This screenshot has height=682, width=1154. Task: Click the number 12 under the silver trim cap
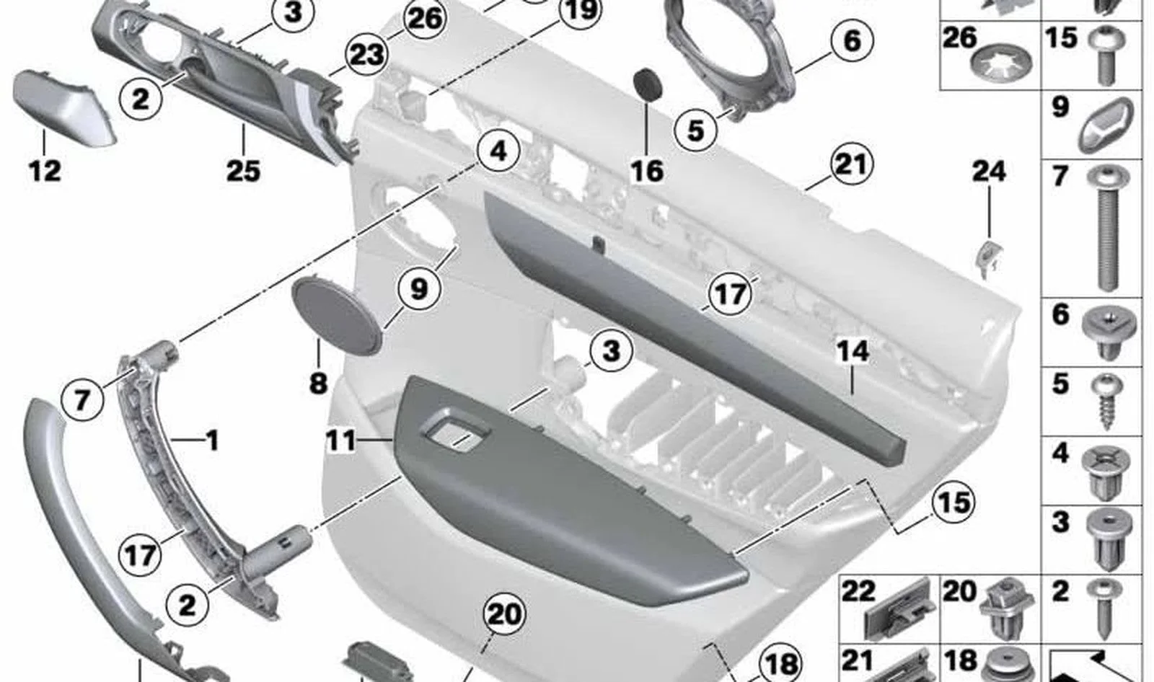[x=45, y=171]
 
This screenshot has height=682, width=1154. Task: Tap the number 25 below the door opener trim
[x=243, y=171]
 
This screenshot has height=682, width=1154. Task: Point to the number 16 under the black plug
[x=647, y=171]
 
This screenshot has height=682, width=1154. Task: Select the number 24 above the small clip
[x=989, y=171]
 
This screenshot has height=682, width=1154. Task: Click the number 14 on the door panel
[x=853, y=351]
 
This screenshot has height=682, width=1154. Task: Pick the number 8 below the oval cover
[x=318, y=384]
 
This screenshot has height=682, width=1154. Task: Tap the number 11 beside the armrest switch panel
[x=341, y=441]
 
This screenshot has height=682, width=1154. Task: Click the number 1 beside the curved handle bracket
[x=212, y=441]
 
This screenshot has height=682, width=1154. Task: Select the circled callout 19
[x=581, y=10]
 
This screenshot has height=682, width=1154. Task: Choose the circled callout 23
[x=367, y=54]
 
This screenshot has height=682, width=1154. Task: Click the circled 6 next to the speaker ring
[x=852, y=40]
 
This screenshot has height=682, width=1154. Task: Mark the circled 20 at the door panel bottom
[x=504, y=614]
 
